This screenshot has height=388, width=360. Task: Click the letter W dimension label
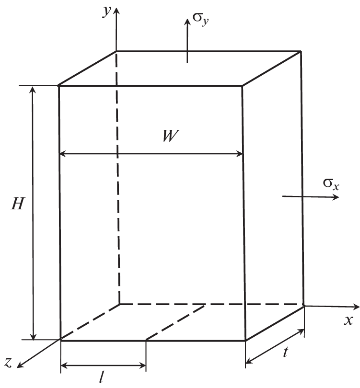(171, 136)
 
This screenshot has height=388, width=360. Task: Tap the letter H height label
(17, 204)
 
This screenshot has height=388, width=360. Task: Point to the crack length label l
(101, 378)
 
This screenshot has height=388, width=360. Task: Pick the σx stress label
(331, 184)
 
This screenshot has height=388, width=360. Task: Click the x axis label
(348, 320)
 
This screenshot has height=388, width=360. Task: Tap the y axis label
(107, 11)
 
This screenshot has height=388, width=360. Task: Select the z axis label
(8, 362)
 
